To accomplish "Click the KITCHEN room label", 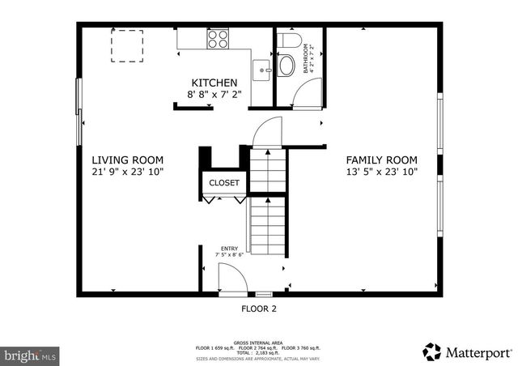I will (214, 83).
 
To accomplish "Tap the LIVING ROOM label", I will (127, 160).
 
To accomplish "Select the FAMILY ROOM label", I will (381, 160).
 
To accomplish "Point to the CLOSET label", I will (224, 183).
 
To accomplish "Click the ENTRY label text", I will (230, 249).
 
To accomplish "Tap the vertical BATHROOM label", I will (307, 59).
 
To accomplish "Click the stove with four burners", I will (217, 39).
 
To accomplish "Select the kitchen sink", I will (261, 70).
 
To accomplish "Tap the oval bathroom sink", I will (287, 66).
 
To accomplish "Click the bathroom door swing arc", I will (306, 95).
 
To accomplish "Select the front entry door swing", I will (232, 279).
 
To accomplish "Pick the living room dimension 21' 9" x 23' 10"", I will (127, 172).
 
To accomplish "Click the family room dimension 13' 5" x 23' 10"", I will (381, 172).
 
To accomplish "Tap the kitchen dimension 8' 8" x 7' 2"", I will (214, 95).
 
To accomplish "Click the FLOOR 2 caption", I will (259, 309).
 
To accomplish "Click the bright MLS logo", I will (32, 355).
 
